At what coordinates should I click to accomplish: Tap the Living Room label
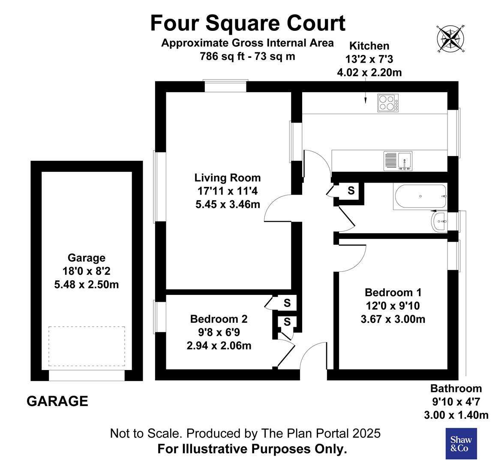228,177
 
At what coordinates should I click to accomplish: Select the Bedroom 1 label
393,292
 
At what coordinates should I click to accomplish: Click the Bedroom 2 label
219,319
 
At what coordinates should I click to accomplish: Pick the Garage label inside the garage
86,258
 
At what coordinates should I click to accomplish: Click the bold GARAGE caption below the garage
57,401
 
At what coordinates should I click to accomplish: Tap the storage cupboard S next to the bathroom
351,190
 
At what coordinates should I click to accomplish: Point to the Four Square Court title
248,23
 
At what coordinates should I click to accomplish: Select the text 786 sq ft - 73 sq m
248,56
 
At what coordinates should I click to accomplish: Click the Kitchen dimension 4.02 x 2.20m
369,72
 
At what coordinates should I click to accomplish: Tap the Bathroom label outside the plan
456,388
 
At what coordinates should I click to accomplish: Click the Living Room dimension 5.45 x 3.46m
228,204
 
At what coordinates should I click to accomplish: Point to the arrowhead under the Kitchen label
365,101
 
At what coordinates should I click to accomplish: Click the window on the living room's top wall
225,86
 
